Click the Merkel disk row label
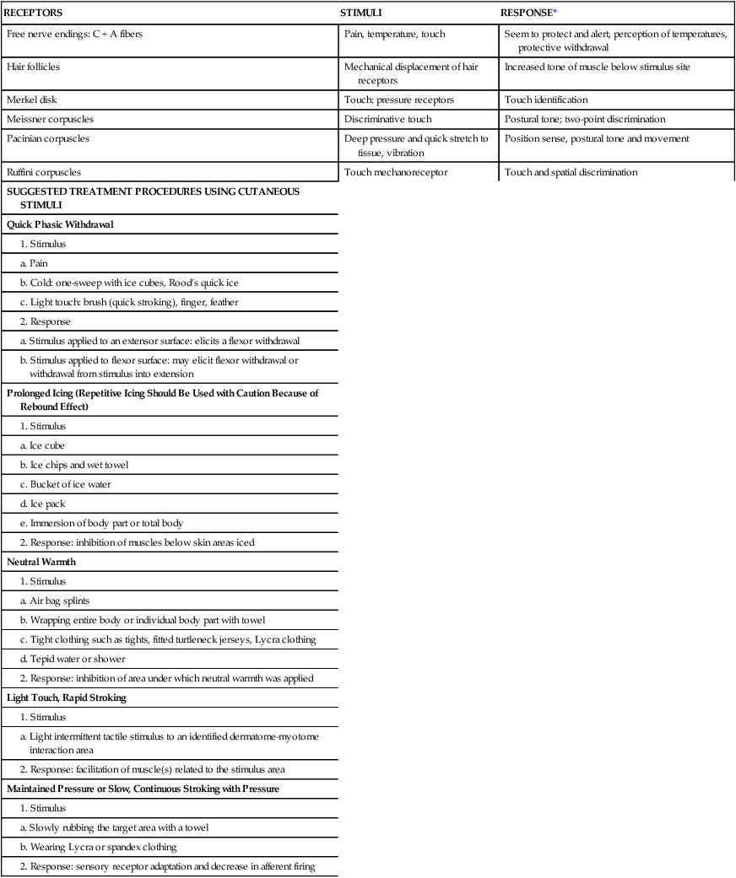[x=30, y=100]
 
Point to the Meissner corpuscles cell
[x=50, y=119]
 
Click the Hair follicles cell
[x=33, y=66]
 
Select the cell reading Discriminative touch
[x=388, y=119]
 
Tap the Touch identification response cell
[x=546, y=100]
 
